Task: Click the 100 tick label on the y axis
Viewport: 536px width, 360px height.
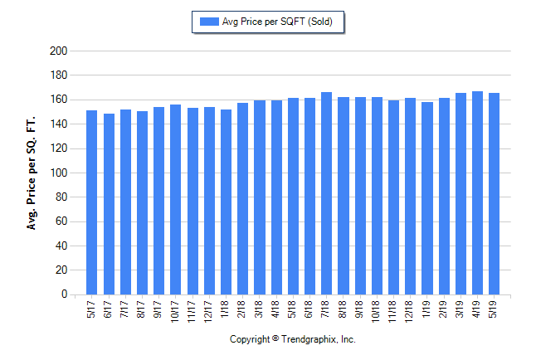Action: [x=58, y=173]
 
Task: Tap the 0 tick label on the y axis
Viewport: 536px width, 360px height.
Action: [x=63, y=294]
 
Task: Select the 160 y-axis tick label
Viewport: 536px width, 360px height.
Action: [x=58, y=100]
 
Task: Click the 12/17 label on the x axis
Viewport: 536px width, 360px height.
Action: [x=209, y=309]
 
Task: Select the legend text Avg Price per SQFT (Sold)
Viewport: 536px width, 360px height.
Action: [x=278, y=22]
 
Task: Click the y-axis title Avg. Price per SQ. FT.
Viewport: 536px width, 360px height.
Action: [x=32, y=173]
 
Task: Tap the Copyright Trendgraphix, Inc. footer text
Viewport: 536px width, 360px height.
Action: [x=292, y=340]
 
